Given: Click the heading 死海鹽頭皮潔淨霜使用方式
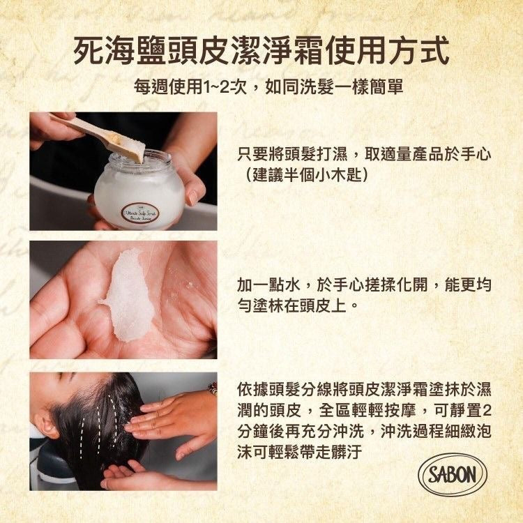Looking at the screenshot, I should coord(261,51).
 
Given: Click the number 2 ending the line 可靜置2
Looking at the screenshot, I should coord(486,409).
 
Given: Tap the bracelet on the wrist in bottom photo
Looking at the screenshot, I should coord(212,388).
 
